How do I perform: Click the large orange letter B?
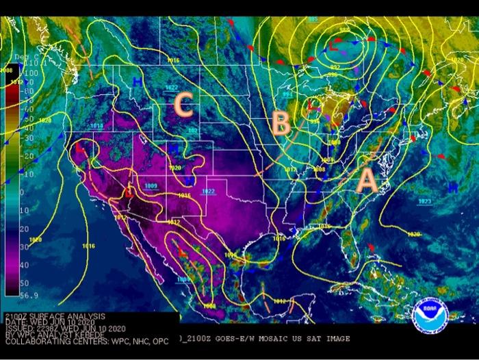tap(280, 124)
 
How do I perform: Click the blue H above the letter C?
tap(138, 82)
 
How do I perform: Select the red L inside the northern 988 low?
tap(333, 46)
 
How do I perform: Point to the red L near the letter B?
tap(311, 106)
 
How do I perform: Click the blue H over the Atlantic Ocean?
tap(452, 186)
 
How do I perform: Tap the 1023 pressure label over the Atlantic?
tap(424, 201)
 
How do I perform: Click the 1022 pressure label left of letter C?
tap(171, 88)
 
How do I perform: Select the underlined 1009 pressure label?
tap(151, 186)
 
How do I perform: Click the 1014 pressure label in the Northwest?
tap(96, 126)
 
